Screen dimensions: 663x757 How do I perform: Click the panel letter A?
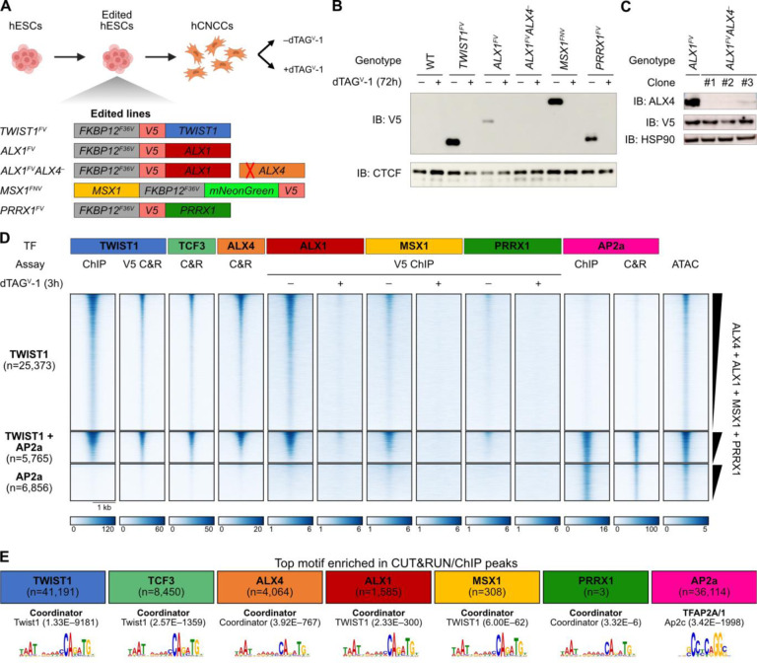8,9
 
